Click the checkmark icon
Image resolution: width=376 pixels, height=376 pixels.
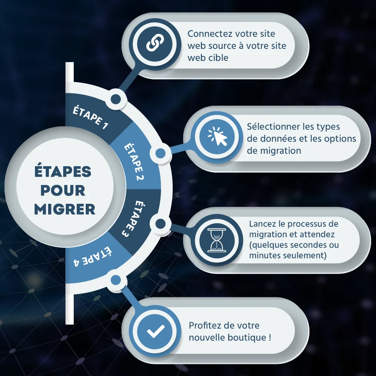coord(155,331)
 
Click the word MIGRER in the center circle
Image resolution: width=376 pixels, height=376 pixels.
coord(65,209)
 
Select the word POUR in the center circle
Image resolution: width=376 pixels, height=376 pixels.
coord(63,190)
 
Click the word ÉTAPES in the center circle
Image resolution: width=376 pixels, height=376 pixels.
coord(63,172)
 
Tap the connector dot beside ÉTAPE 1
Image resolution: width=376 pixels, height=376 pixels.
coord(116,99)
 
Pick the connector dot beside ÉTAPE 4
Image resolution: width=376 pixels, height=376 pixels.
coord(116,279)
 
